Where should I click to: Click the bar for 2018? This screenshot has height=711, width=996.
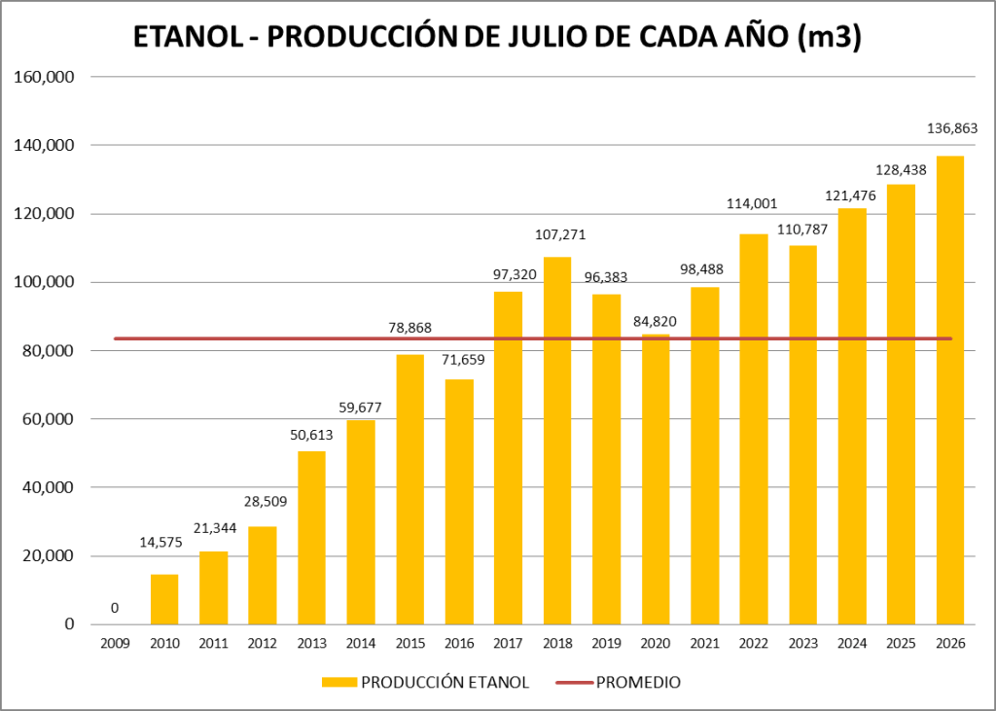click(557, 441)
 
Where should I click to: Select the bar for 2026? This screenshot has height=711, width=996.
click(949, 390)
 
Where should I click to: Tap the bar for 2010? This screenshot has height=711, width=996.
click(164, 599)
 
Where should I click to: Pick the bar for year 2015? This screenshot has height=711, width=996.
click(409, 489)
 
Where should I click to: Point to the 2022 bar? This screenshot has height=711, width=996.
click(754, 429)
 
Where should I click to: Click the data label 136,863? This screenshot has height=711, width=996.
click(952, 128)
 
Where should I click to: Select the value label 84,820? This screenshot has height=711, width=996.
click(655, 322)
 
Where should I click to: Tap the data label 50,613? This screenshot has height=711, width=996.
click(311, 435)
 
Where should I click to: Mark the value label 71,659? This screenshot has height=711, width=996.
click(463, 360)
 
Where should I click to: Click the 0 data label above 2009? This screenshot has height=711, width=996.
click(115, 608)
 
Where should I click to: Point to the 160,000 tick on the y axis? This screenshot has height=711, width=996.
click(44, 77)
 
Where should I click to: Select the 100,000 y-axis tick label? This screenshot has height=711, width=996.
click(44, 282)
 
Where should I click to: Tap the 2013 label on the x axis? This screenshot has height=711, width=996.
click(311, 643)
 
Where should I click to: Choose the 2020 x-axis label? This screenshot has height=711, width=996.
click(655, 643)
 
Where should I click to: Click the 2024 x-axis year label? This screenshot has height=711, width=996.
click(852, 643)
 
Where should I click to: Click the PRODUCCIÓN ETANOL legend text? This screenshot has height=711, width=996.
click(445, 683)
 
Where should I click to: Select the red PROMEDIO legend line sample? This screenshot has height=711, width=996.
click(575, 683)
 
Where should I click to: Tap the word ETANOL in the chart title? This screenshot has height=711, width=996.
click(188, 38)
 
